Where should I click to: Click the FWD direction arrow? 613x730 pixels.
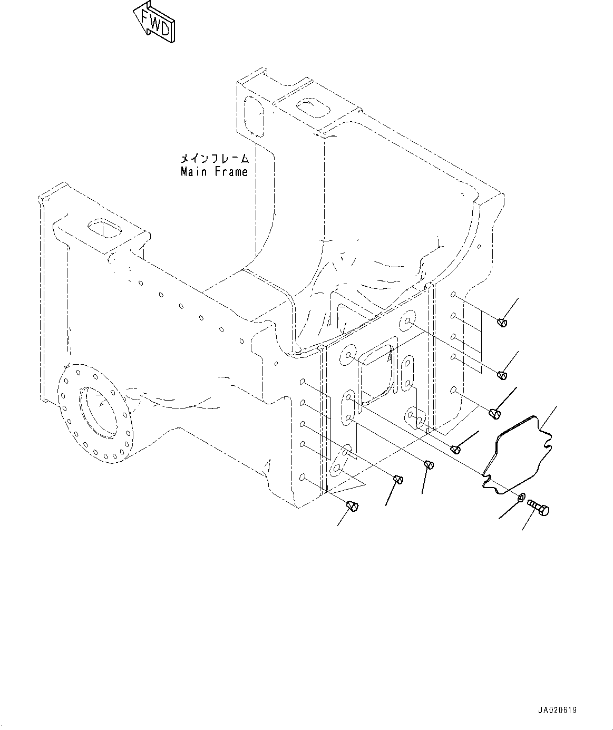(x=153, y=23)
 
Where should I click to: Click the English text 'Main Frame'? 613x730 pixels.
(x=214, y=172)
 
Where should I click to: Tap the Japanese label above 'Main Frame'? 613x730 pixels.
(x=214, y=158)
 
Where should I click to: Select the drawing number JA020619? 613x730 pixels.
(x=558, y=710)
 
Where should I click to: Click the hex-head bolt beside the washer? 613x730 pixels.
(x=539, y=507)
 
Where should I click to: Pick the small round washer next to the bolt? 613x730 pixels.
(x=521, y=497)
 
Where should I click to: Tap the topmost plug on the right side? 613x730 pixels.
(x=502, y=322)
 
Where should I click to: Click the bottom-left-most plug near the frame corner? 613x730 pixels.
(x=353, y=507)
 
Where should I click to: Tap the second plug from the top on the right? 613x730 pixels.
(x=502, y=375)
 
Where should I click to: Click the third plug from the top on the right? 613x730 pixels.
(x=494, y=413)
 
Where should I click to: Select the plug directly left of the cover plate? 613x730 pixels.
(x=456, y=449)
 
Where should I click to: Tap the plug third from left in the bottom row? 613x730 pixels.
(x=429, y=464)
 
